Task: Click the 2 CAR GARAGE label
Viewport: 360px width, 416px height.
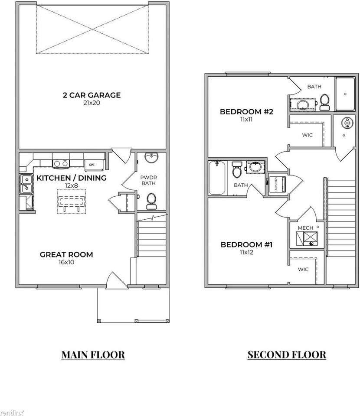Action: tap(92, 95)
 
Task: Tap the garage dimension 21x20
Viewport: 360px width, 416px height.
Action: tap(92, 103)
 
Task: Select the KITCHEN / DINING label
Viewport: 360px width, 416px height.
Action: tap(72, 178)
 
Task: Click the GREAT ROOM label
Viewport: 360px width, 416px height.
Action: tap(66, 254)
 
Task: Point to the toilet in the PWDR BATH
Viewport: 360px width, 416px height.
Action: tap(151, 201)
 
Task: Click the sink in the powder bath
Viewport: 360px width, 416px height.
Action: tap(151, 157)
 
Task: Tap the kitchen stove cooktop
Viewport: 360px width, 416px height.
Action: tap(61, 164)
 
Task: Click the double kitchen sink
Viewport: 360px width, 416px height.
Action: tap(26, 184)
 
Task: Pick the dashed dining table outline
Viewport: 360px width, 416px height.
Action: tap(72, 201)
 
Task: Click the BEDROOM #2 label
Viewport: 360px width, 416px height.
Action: tap(246, 112)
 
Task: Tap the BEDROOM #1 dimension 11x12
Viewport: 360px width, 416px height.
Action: tap(246, 252)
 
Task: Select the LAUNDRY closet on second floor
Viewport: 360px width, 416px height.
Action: tap(277, 185)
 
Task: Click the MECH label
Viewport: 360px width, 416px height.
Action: tap(305, 228)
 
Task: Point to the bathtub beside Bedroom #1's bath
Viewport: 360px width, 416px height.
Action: tap(217, 178)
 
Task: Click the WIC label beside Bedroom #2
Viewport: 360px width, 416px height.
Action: tap(307, 135)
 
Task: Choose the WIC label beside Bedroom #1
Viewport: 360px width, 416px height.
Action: tap(303, 270)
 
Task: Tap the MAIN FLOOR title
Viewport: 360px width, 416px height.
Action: tap(93, 355)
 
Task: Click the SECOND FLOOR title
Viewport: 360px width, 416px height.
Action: tap(287, 355)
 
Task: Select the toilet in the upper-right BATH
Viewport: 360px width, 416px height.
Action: tap(324, 102)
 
